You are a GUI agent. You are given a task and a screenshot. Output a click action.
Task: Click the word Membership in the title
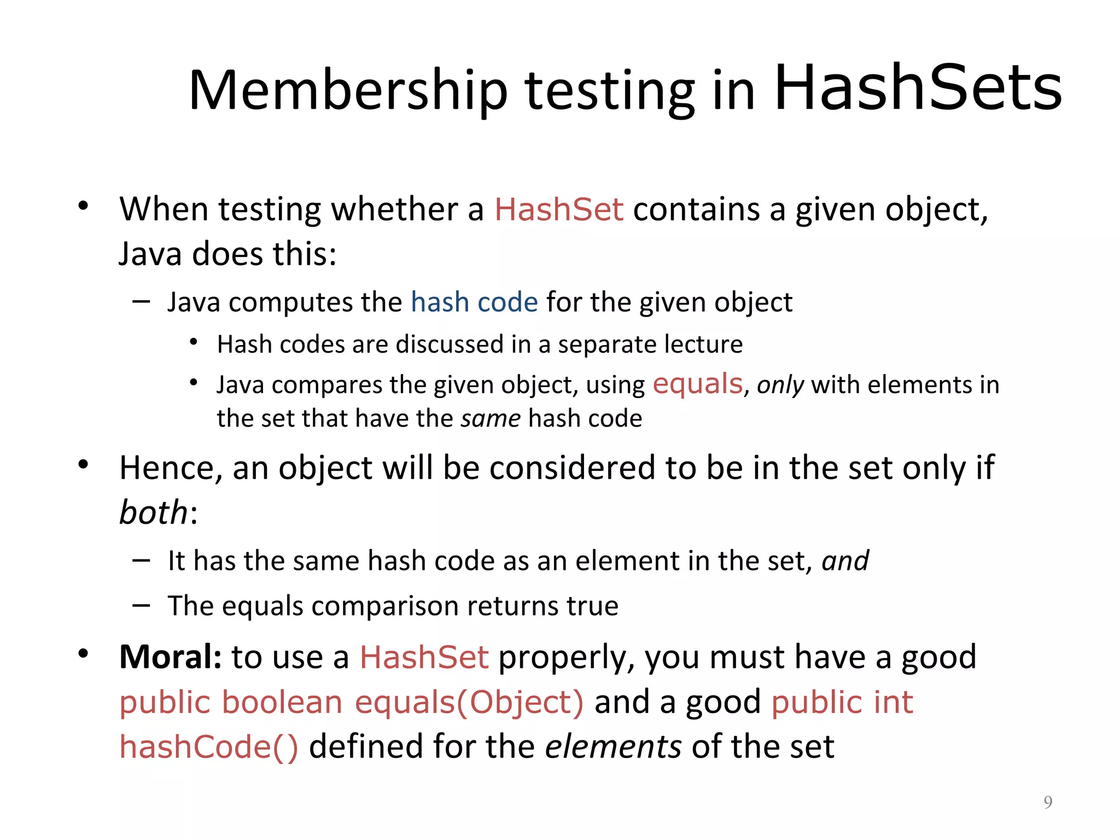click(348, 90)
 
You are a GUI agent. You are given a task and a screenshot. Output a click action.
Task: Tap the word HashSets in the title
click(918, 87)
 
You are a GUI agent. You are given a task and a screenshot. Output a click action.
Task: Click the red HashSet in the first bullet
click(558, 209)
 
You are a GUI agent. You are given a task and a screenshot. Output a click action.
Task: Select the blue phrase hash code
click(474, 302)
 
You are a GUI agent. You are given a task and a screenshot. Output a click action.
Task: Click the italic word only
click(780, 385)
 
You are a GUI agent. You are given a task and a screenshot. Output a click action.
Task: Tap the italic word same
click(491, 419)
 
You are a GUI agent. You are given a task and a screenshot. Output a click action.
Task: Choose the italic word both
click(154, 512)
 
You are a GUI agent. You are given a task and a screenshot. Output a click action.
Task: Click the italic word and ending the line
click(845, 561)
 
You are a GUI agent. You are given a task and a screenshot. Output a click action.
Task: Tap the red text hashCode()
click(209, 747)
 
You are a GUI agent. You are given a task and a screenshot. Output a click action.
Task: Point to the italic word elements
click(613, 746)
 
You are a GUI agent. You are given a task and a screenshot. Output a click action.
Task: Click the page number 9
click(1047, 802)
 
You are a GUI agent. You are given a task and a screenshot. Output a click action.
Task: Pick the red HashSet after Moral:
click(424, 657)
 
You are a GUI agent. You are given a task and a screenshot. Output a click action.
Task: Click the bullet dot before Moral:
click(83, 654)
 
